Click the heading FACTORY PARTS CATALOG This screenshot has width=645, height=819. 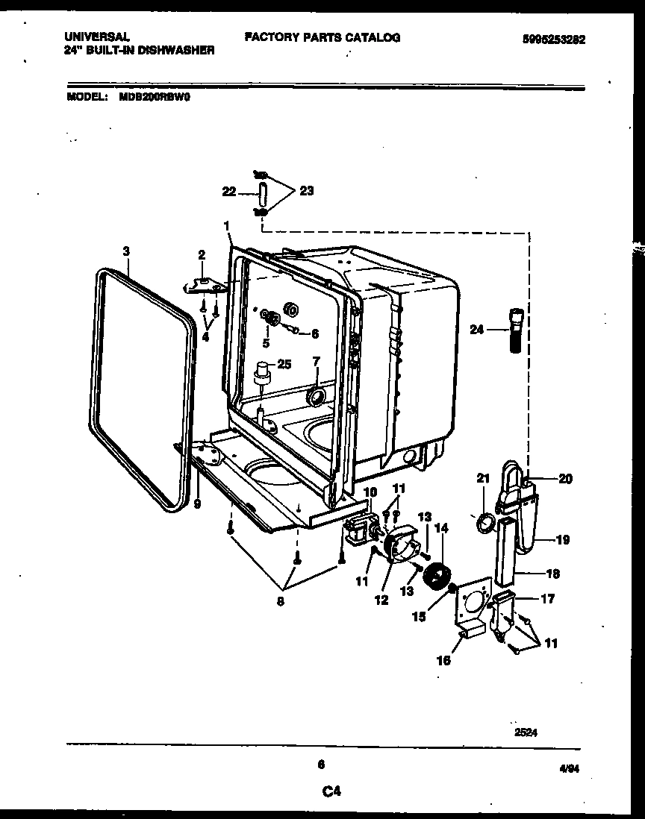coord(322,37)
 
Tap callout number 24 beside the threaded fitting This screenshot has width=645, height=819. coord(477,328)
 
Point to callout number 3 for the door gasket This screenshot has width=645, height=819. coord(126,252)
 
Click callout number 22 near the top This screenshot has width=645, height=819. coord(229,192)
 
